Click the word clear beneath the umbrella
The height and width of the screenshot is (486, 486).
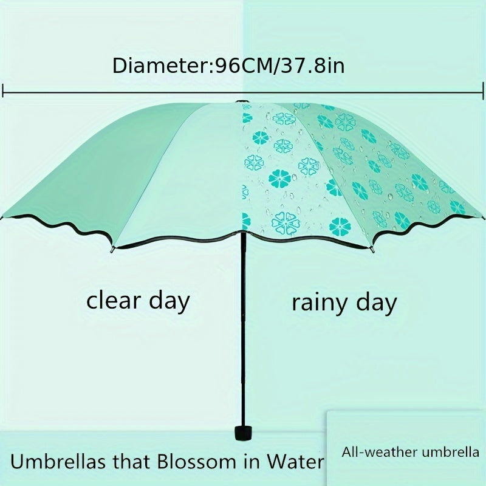tap(114, 300)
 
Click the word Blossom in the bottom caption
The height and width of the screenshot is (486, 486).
tap(196, 462)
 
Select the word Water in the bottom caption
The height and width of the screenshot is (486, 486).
tap(295, 462)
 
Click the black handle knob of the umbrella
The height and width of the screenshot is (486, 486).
tap(244, 433)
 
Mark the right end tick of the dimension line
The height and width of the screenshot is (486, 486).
tap(483, 91)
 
